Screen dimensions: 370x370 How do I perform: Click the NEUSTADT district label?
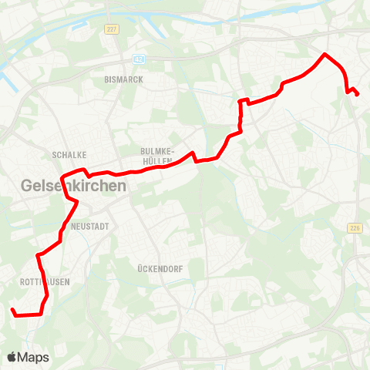tap(90, 226)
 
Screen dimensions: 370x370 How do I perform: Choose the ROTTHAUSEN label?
tap(44, 282)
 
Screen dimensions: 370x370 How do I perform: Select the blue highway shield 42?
tap(139, 58)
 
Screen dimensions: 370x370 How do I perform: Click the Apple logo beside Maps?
tap(12, 357)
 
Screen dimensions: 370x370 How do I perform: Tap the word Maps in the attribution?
tap(34, 357)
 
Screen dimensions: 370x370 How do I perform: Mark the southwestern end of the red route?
tap(12, 310)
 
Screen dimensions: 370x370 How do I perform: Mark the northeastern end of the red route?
tap(358, 94)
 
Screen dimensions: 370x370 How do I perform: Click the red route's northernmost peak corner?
tap(325, 54)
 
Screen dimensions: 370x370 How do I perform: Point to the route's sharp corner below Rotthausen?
tap(39, 314)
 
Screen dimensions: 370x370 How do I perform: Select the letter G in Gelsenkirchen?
tap(28, 186)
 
